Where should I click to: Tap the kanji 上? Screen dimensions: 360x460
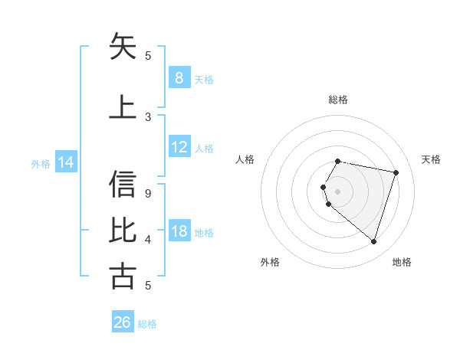point(123,107)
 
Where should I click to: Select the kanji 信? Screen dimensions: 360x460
point(123,184)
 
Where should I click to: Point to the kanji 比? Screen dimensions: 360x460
point(123,231)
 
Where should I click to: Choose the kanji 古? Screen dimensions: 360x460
point(123,277)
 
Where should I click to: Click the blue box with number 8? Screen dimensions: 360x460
point(179,78)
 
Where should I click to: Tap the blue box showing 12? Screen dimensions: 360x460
point(179,147)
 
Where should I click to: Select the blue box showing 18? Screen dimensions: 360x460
point(179,231)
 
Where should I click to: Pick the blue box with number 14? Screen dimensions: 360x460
point(65,162)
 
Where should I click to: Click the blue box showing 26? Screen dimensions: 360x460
point(122,322)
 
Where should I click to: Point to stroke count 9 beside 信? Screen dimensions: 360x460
point(148,194)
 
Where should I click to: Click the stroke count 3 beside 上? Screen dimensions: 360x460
point(148,117)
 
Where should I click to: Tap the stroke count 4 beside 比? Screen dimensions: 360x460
point(148,240)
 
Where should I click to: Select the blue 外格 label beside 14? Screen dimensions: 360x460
point(40,163)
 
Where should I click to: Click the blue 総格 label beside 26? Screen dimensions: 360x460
point(147,323)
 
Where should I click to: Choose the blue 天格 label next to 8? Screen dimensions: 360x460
point(204,79)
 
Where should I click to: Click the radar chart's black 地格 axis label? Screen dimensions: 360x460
point(402,262)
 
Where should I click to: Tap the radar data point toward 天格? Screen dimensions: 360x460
point(396,172)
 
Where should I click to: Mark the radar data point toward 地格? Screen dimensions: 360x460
point(373,242)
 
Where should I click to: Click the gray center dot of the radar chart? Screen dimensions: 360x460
point(337,191)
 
